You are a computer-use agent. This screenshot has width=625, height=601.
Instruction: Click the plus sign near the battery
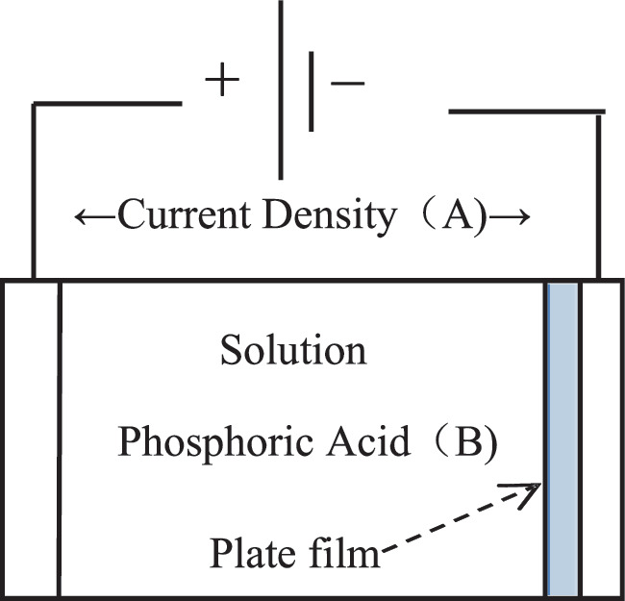(x=221, y=83)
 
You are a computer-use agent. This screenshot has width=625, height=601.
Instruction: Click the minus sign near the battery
(x=347, y=84)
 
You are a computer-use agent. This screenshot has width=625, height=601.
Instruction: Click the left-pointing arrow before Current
(x=93, y=217)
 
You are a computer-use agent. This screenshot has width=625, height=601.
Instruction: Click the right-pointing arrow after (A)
(x=511, y=217)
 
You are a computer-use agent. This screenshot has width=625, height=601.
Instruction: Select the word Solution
(x=293, y=350)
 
